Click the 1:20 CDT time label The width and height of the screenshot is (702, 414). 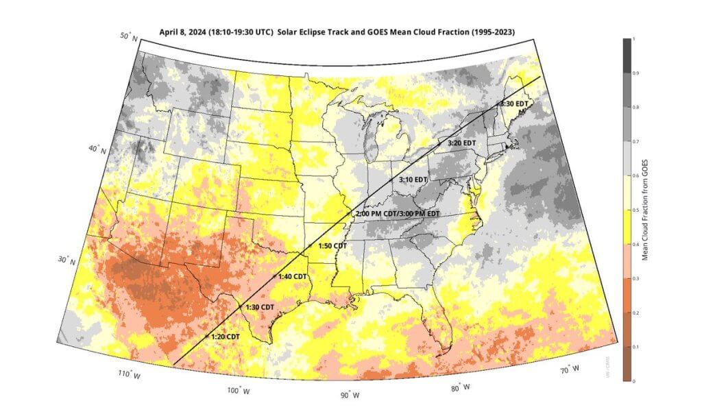tap(226, 337)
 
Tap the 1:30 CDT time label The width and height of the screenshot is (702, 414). tap(260, 306)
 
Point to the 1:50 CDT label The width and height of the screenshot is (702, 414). tap(332, 245)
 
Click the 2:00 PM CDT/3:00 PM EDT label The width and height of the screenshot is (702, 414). tap(397, 214)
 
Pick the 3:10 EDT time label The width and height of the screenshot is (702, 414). tap(413, 179)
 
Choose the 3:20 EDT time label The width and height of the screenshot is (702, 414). tap(461, 143)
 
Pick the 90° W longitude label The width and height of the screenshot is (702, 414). tap(350, 394)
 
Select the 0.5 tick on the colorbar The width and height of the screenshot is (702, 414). tap(633, 210)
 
